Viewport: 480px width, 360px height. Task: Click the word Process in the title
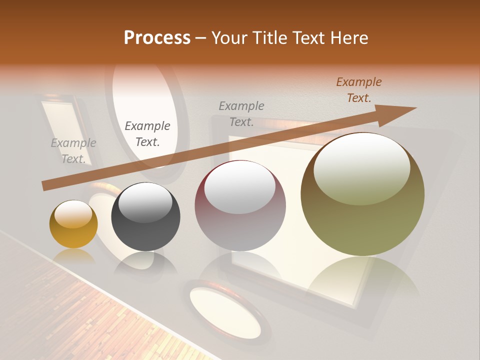coord(157,38)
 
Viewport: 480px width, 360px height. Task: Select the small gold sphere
coord(73,224)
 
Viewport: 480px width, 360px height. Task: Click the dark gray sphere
coord(145,217)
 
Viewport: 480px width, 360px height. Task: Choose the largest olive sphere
coord(362,194)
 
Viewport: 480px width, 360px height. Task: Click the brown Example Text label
coord(358,90)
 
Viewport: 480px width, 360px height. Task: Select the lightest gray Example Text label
coord(73,151)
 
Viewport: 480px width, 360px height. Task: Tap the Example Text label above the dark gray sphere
coord(147,134)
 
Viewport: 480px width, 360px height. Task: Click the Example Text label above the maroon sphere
coord(241,113)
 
